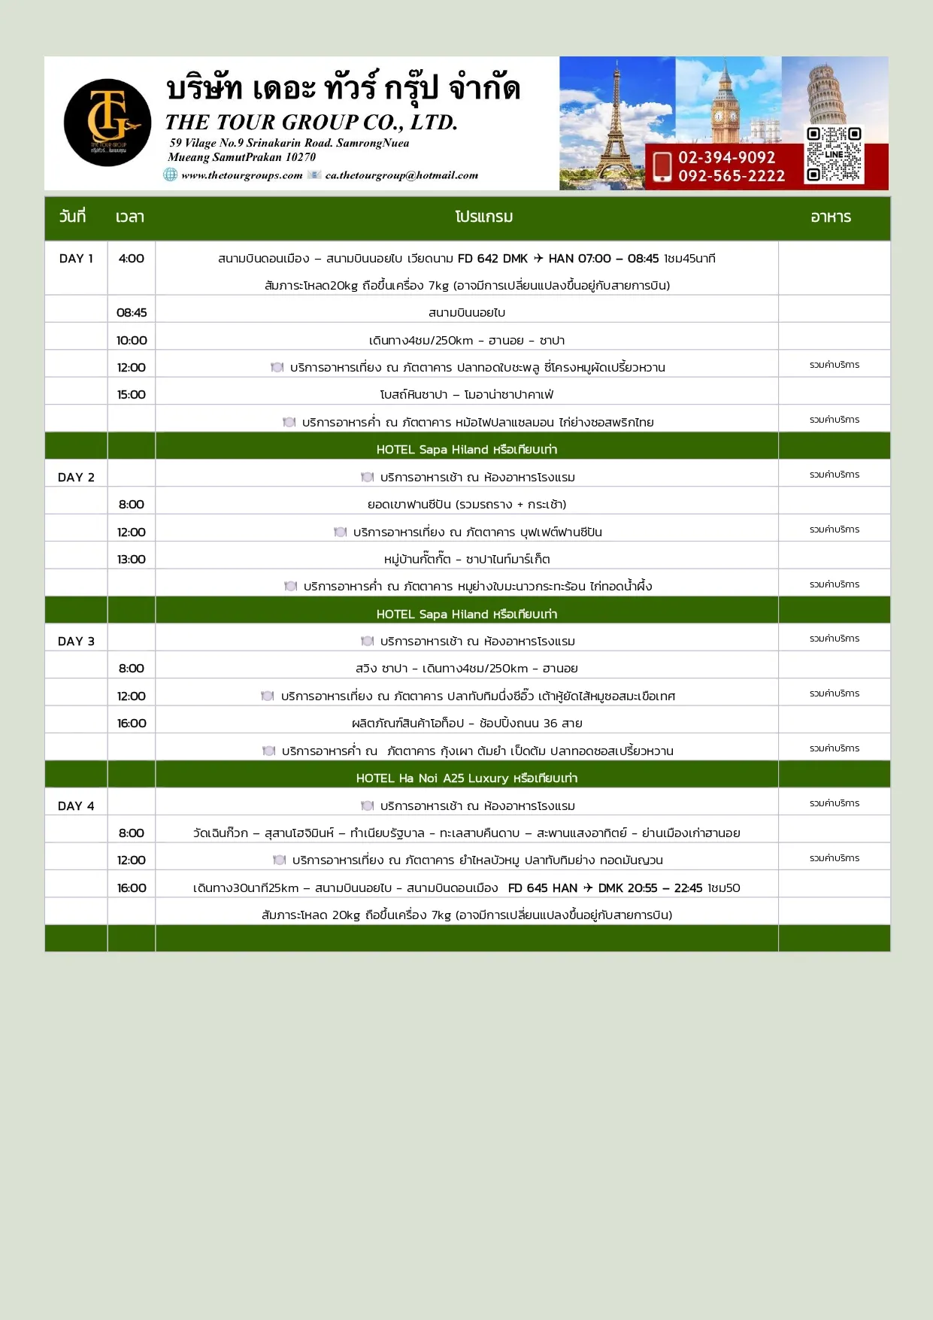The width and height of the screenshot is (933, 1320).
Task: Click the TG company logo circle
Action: (x=108, y=123)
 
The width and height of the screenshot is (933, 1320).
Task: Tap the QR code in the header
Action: (x=834, y=154)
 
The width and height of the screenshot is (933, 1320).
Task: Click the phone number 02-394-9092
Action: (x=726, y=157)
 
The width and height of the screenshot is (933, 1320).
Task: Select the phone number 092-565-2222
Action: (x=731, y=176)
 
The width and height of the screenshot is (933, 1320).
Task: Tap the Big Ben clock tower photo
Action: (x=726, y=102)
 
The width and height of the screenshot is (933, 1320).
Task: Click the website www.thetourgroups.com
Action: (x=241, y=175)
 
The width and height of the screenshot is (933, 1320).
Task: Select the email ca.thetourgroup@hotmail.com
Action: (x=401, y=175)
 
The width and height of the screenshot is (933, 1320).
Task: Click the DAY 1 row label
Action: (x=76, y=259)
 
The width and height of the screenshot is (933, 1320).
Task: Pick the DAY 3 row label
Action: (x=76, y=642)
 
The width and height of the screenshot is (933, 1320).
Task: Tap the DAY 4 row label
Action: (x=76, y=806)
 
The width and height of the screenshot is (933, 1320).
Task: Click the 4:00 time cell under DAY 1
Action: (x=131, y=259)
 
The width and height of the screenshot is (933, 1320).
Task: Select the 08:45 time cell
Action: (x=132, y=313)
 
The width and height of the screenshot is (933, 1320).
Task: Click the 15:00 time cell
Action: (x=132, y=395)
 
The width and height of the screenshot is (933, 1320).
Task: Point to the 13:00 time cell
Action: (x=132, y=560)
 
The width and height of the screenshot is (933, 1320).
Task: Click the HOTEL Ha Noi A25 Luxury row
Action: (x=466, y=778)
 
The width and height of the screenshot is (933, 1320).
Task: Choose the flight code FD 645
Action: (x=527, y=888)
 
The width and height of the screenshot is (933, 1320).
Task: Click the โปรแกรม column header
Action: (x=483, y=217)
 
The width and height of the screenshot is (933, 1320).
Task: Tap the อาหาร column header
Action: (x=831, y=217)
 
